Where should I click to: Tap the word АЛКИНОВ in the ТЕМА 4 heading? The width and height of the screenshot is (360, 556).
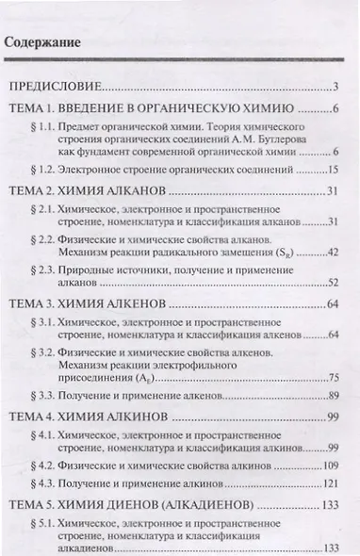coord(137,417)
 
